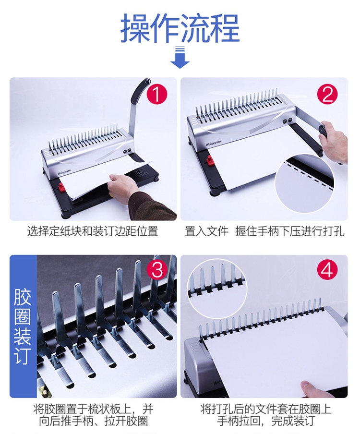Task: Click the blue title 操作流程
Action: point(180,28)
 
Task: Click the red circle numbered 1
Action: point(157,95)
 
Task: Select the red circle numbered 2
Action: point(327,95)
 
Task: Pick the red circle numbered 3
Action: point(157,270)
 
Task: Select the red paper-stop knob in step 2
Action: point(209,160)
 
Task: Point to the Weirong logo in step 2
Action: point(213,145)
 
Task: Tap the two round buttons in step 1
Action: point(127,151)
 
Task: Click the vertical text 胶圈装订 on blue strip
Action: point(23,326)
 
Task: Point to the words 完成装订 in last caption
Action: point(293,421)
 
